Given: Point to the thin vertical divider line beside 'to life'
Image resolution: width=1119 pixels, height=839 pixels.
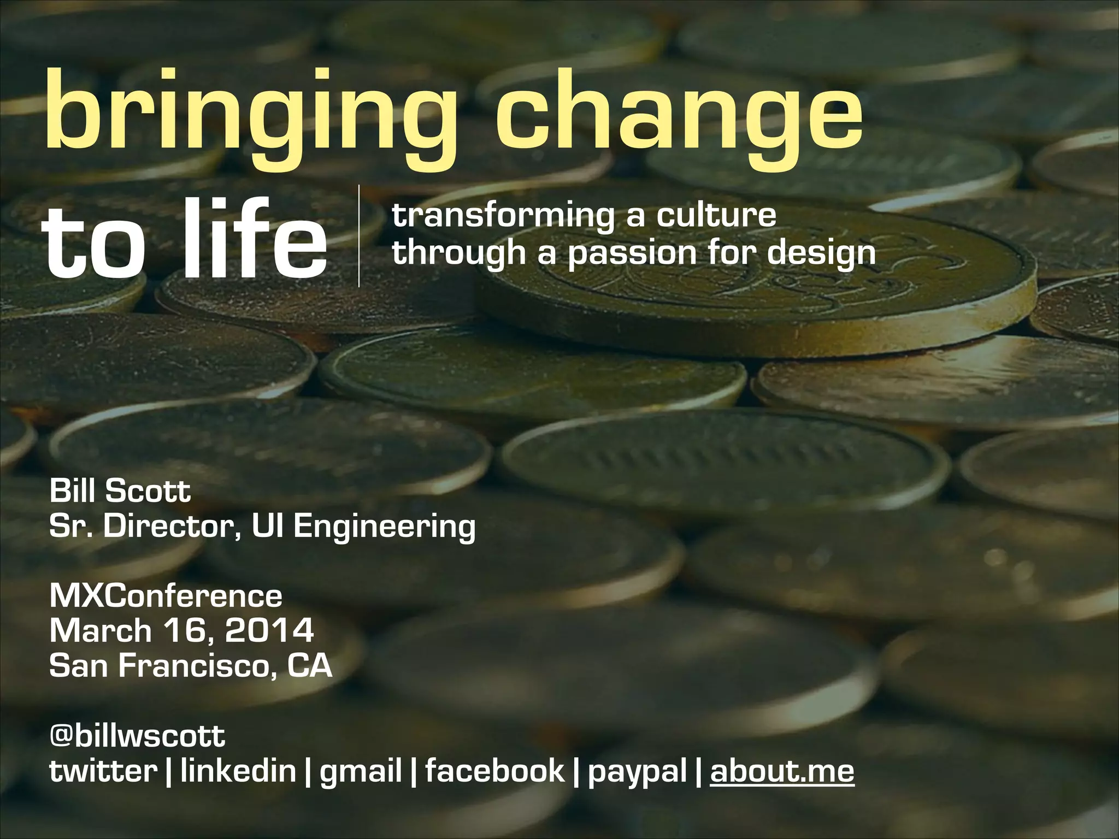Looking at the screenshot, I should [x=359, y=236].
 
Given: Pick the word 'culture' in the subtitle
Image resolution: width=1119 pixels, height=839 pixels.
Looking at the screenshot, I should [x=716, y=214].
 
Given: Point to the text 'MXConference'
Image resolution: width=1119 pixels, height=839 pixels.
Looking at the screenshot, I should [x=166, y=595].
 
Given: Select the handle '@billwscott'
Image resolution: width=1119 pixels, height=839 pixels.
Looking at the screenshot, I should [x=137, y=735].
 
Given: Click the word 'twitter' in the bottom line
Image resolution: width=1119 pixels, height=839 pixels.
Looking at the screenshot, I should [x=103, y=770].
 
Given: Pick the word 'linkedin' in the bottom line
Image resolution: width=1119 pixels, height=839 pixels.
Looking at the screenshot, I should [x=238, y=770].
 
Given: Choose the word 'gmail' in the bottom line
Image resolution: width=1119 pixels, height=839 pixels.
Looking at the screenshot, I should [x=361, y=770].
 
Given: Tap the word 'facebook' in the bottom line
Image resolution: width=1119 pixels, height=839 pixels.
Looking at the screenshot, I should [x=494, y=770].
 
